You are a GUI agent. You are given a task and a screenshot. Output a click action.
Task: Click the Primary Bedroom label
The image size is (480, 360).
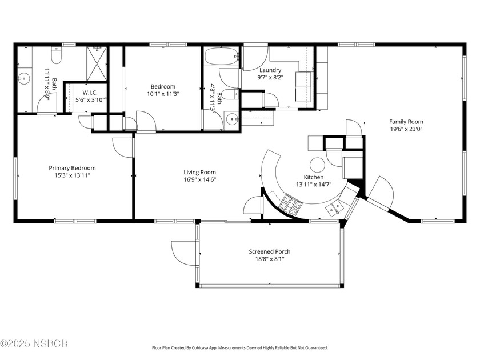[x=72, y=168]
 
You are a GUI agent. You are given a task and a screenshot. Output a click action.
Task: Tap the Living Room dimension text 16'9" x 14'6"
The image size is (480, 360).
[x=199, y=179]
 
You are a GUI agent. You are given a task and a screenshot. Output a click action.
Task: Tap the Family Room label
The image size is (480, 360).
[x=406, y=122]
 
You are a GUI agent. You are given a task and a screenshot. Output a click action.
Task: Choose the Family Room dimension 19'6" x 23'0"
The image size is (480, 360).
[x=406, y=129]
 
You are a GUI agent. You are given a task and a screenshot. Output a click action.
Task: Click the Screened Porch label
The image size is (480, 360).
[x=269, y=251]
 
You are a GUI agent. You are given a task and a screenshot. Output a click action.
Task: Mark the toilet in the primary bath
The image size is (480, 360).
[x=56, y=55]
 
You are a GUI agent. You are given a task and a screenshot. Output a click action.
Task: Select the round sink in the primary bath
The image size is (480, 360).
[x=24, y=78]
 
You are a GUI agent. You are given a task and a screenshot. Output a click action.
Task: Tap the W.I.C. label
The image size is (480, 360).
[x=90, y=93]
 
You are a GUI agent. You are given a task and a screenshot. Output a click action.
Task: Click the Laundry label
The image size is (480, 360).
[x=270, y=70]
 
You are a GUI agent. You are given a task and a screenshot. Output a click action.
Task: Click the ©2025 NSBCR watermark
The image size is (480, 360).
[x=34, y=343]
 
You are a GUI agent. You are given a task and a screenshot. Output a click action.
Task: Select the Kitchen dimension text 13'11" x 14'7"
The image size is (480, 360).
[x=314, y=185]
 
